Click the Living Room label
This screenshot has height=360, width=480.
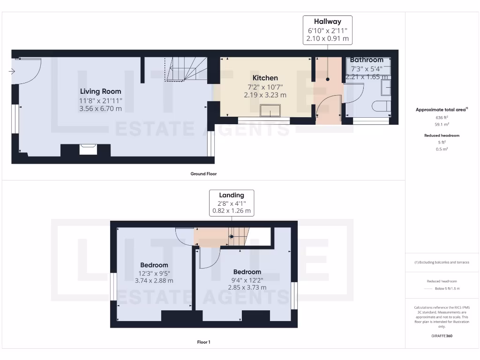(100, 91)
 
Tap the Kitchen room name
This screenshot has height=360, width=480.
(265, 78)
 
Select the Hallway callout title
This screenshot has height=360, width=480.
(327, 22)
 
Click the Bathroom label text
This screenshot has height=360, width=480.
(367, 60)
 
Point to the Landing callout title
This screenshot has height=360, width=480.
(232, 195)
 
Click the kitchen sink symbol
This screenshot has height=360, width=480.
(270, 111)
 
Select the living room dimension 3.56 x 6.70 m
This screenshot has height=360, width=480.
(100, 109)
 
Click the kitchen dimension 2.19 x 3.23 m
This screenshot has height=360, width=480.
(265, 95)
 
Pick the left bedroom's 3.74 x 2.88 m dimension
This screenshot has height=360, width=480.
(154, 281)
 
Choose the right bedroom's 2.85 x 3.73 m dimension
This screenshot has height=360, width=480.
(247, 287)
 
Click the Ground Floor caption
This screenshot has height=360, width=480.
(203, 174)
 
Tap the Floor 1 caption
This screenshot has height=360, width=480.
(203, 342)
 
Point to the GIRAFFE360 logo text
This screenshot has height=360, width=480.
(442, 336)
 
